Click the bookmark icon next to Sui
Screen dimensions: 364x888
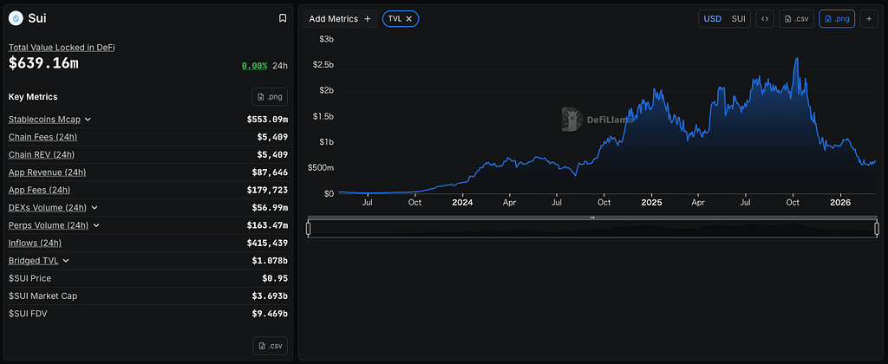pyautogui.click(x=283, y=18)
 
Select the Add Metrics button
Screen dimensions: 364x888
pyautogui.click(x=340, y=18)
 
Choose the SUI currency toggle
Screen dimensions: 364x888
pyautogui.click(x=738, y=18)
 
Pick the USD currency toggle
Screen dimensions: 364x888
pyautogui.click(x=712, y=18)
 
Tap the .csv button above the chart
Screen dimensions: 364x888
pyautogui.click(x=796, y=18)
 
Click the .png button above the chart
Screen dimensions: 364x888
pyautogui.click(x=837, y=18)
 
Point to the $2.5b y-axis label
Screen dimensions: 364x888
pyautogui.click(x=323, y=65)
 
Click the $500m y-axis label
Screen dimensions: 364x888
pyautogui.click(x=321, y=167)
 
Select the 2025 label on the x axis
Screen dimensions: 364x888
pyautogui.click(x=650, y=203)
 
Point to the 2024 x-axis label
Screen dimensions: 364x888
pyautogui.click(x=462, y=203)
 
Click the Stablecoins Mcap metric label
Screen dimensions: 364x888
pyautogui.click(x=44, y=119)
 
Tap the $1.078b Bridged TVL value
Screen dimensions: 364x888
pyautogui.click(x=269, y=261)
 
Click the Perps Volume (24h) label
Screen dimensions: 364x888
pyautogui.click(x=49, y=225)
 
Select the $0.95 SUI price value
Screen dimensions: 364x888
pyautogui.click(x=274, y=278)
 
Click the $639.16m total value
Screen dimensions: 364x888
pyautogui.click(x=43, y=63)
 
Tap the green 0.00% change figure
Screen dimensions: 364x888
pyautogui.click(x=254, y=65)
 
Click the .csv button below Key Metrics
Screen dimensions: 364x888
pyautogui.click(x=270, y=346)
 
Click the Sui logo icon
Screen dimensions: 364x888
pyautogui.click(x=15, y=18)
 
